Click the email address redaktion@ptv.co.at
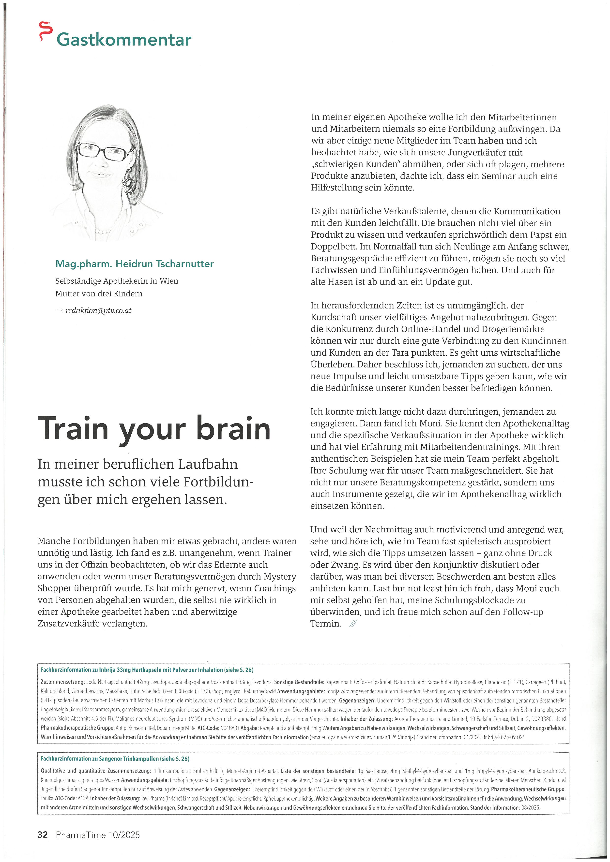click(98, 310)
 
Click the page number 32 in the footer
click(43, 834)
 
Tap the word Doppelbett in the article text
click(334, 247)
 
